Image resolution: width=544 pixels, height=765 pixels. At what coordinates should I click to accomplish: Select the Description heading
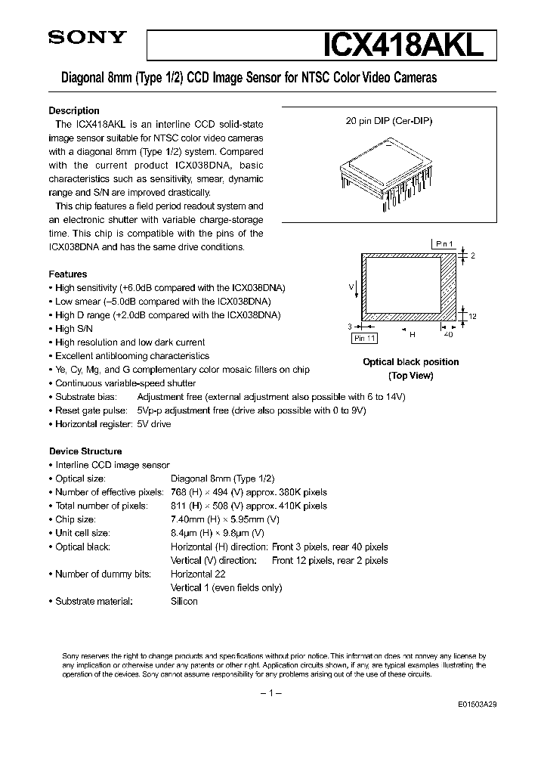click(x=74, y=110)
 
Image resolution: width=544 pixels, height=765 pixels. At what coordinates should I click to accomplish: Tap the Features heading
click(x=68, y=274)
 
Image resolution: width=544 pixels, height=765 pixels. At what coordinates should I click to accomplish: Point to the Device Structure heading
click(x=85, y=451)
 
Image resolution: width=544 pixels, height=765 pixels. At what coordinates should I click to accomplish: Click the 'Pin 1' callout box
click(x=446, y=243)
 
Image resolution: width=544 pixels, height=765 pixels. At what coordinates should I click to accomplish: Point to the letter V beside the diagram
click(x=351, y=286)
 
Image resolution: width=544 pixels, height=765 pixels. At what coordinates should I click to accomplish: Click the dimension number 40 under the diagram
click(x=448, y=333)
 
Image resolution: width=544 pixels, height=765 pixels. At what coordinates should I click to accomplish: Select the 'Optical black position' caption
click(x=410, y=362)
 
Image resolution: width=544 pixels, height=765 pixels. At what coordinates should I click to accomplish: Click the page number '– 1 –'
click(x=270, y=693)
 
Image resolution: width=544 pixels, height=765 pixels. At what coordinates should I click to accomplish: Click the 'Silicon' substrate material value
click(x=184, y=601)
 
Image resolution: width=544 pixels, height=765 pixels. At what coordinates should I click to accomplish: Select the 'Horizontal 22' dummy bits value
click(x=198, y=574)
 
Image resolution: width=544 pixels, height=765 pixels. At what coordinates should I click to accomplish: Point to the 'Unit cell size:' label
click(x=85, y=533)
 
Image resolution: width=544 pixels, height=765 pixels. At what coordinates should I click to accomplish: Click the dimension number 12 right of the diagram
click(x=473, y=316)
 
